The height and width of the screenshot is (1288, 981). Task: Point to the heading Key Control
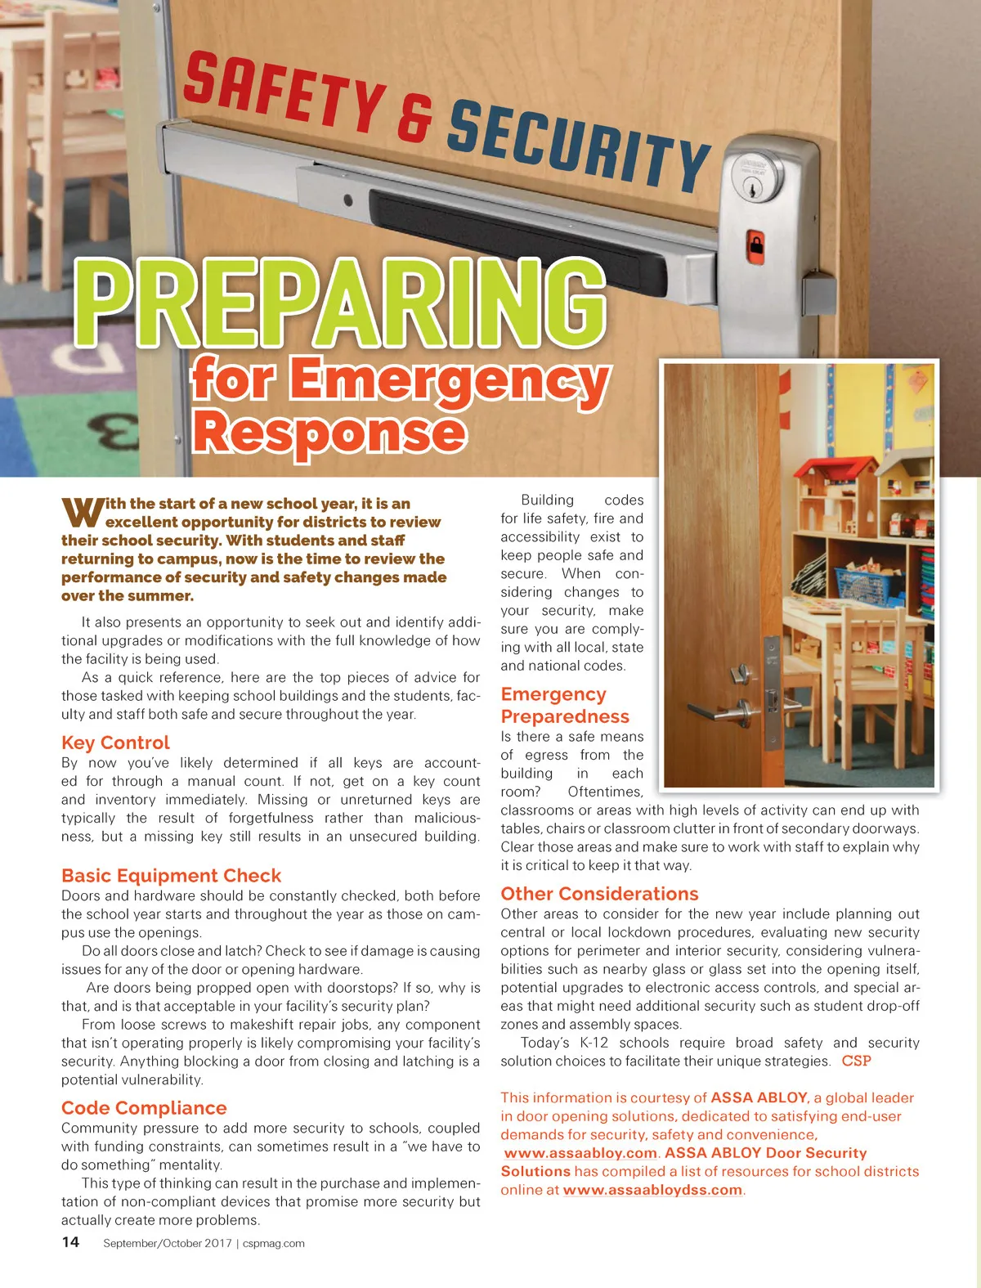click(x=115, y=743)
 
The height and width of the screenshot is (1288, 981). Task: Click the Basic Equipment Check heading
click(x=171, y=876)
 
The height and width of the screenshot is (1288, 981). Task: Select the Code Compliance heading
click(x=144, y=1108)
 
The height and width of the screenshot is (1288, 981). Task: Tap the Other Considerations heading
click(x=599, y=894)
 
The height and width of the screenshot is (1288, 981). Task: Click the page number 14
click(x=70, y=1242)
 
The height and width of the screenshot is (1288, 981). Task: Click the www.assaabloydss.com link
click(x=652, y=1190)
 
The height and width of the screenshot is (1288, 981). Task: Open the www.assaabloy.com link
click(x=580, y=1153)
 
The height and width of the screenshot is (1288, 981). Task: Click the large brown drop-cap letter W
click(x=82, y=512)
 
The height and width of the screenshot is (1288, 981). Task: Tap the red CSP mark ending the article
click(x=856, y=1061)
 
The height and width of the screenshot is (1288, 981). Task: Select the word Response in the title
click(x=329, y=433)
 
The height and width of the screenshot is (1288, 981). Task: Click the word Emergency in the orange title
click(x=450, y=380)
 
